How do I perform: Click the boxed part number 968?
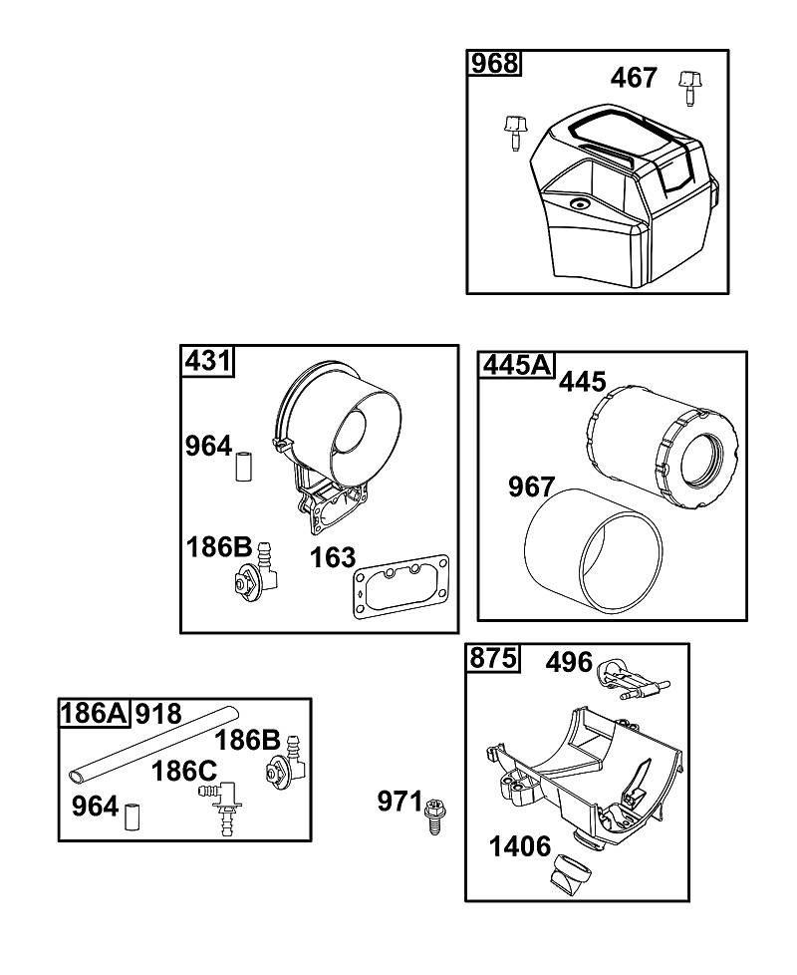494,64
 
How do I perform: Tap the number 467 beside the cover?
633,79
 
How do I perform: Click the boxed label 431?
208,361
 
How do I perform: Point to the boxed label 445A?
517,366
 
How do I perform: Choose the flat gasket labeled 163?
401,586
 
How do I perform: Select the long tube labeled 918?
154,744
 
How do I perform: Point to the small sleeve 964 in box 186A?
133,817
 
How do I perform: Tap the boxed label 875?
492,658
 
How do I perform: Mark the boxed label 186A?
94,713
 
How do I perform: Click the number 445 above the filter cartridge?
582,382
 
